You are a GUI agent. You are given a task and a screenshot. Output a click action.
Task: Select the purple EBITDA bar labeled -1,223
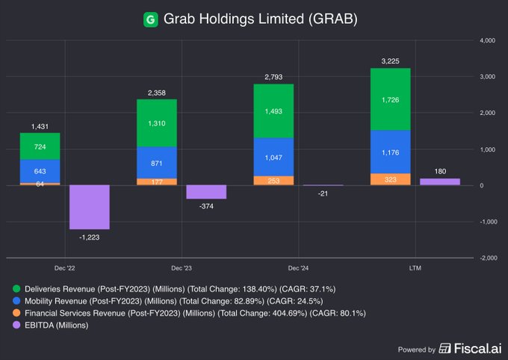pos(90,207)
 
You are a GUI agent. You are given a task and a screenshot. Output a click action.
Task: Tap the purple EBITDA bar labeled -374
pos(206,192)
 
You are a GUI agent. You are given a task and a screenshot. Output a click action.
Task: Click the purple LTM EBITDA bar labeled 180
pos(440,181)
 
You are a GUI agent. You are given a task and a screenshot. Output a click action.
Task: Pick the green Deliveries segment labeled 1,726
pos(391,99)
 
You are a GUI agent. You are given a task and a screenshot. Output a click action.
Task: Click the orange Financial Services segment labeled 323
pos(391,179)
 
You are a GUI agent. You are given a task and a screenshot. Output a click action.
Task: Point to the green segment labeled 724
pos(40,146)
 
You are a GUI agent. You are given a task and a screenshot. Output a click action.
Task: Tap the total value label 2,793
pos(273,77)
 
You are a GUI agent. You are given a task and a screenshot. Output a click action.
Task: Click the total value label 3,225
pos(391,61)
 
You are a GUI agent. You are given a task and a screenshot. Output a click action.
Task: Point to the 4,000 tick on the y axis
pos(488,40)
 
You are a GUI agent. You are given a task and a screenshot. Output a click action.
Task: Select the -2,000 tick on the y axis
pos(487,258)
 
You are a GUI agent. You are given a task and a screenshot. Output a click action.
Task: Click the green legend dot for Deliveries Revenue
pos(16,288)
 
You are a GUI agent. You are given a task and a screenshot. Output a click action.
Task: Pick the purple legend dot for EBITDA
pos(16,325)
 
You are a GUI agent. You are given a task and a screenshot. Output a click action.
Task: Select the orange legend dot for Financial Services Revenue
pos(16,313)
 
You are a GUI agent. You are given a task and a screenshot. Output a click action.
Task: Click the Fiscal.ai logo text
pos(467,349)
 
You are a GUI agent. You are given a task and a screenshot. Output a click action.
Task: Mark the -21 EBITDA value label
pos(323,193)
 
